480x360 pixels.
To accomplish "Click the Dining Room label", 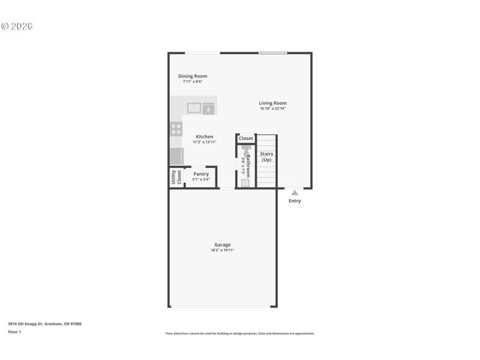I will [193, 76].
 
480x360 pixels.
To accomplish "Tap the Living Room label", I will [272, 103].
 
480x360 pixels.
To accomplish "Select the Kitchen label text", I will [204, 137].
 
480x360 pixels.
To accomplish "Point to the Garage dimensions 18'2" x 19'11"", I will [222, 250].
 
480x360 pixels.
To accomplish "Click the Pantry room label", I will [201, 174].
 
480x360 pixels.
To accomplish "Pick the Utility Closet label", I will [176, 176].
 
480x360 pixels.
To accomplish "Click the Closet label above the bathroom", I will [246, 139].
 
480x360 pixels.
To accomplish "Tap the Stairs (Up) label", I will [266, 157].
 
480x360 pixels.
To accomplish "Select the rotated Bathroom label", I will [248, 164].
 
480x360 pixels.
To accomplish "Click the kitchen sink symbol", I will [194, 108].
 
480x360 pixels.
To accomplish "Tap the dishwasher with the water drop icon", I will [208, 109].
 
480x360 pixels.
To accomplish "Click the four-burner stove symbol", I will [176, 129].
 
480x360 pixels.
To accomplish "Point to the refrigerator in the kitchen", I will [176, 156].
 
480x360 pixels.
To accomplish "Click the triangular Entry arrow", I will [294, 193].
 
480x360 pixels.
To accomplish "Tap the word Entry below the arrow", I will [295, 201].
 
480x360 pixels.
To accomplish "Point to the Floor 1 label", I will [14, 332].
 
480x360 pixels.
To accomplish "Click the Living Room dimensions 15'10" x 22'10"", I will [272, 109].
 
